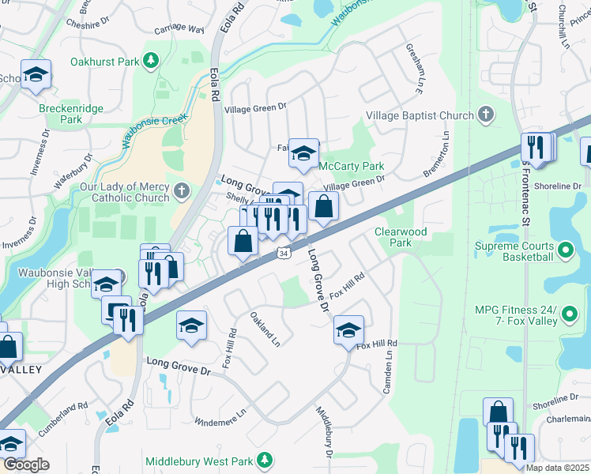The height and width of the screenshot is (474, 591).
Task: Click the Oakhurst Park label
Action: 104,60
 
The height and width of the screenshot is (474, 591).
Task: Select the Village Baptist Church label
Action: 420,116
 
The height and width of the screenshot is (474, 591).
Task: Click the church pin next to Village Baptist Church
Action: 485,116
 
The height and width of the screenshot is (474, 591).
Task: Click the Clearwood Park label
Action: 401,237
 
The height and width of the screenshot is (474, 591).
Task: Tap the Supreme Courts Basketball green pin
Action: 565,252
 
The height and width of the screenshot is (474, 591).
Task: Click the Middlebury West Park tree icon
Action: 266,460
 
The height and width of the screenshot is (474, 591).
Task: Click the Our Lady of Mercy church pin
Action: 182,191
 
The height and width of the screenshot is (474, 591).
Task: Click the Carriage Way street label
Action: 179,29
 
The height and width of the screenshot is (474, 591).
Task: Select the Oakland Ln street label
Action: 265,329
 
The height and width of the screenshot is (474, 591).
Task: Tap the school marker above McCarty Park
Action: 303,154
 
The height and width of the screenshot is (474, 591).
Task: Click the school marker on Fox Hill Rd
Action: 347,331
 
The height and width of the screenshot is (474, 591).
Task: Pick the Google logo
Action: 25,464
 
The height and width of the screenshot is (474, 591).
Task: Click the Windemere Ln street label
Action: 220,409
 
